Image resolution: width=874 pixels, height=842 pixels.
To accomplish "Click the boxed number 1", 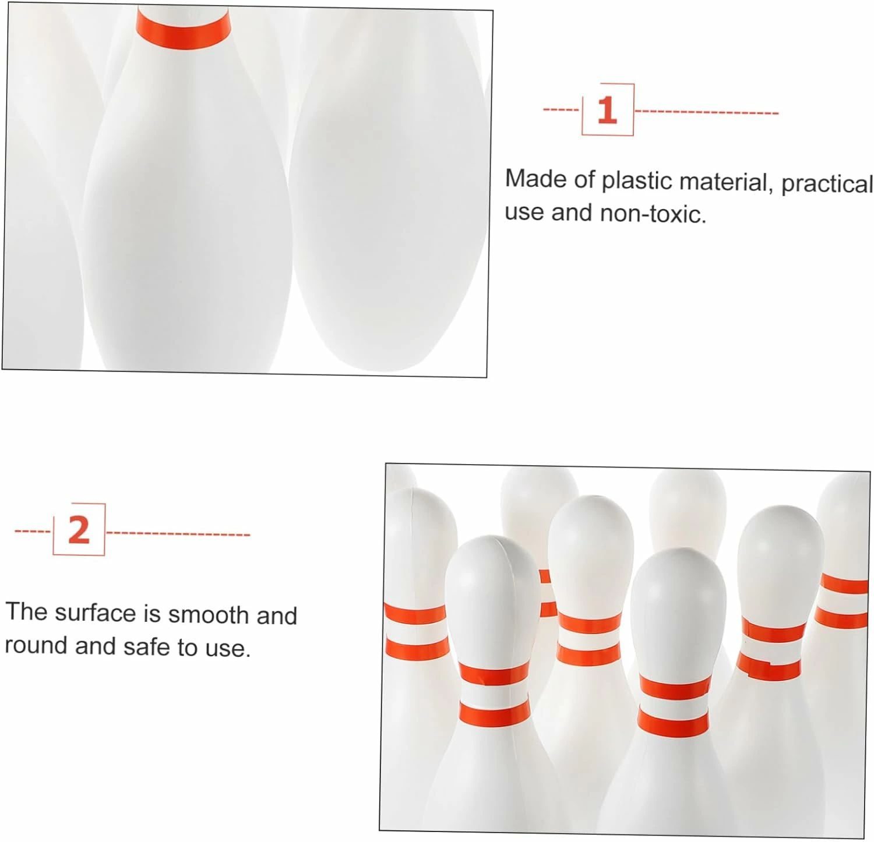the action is click(607, 110).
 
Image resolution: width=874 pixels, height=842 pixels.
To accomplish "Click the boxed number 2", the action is click(79, 530).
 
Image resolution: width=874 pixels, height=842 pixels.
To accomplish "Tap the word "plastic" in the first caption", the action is click(637, 181).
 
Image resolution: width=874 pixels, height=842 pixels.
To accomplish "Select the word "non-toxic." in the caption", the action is click(653, 214).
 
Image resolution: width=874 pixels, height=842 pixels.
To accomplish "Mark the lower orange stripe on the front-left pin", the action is click(495, 714).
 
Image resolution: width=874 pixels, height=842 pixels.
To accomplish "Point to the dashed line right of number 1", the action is click(706, 112).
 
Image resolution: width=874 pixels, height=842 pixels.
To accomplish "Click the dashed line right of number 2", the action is click(178, 533).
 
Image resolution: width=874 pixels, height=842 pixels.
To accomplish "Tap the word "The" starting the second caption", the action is click(26, 611).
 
